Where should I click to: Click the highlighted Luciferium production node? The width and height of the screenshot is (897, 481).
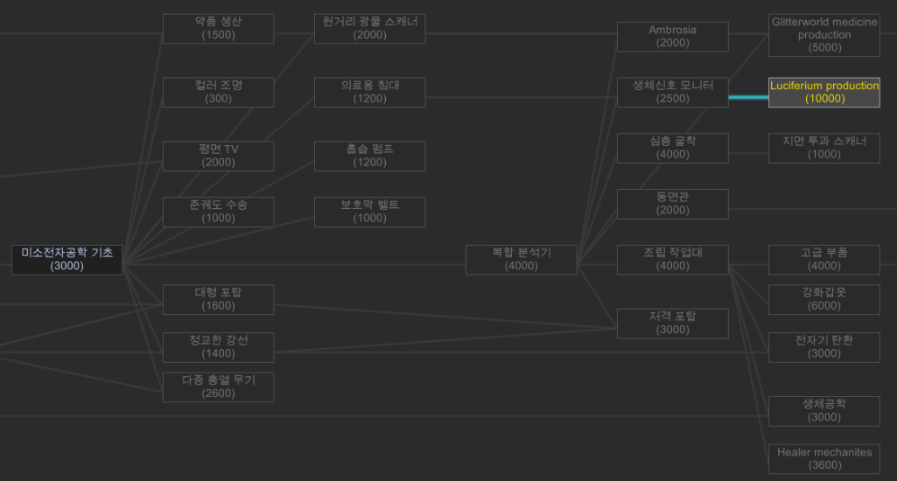coord(823,92)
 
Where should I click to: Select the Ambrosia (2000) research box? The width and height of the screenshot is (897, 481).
coord(672,37)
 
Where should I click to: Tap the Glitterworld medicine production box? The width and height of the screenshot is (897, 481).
coord(823,35)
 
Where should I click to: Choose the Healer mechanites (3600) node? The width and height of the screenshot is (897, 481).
coord(823,459)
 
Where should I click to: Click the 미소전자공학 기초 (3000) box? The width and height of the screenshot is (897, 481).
coord(67,260)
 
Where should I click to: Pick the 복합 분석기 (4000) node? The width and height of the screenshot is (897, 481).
coord(521,260)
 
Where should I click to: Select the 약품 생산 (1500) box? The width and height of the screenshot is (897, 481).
coord(218,28)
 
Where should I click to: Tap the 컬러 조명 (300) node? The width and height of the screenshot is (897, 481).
coord(218,92)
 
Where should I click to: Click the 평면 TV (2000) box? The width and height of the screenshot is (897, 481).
coord(218,156)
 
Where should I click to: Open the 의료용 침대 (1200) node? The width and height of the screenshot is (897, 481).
coord(369,92)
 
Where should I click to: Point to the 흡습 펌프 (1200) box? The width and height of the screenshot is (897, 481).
coord(369,156)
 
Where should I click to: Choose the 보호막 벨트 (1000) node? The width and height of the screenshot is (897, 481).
coord(369,212)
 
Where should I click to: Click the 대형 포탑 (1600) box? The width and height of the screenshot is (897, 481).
coord(218,299)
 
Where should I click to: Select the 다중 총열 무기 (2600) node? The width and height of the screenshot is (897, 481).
coord(218,387)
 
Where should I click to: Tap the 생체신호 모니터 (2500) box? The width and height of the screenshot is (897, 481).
coord(672,92)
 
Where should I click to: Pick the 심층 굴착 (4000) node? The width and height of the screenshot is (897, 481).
coord(672,148)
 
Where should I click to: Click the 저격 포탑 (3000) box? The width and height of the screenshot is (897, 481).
coord(672,324)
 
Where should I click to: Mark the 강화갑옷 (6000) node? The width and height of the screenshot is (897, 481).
coord(823,299)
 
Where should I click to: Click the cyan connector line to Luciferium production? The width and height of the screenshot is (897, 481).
coord(748,97)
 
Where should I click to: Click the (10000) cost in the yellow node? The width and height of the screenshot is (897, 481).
coord(824,99)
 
